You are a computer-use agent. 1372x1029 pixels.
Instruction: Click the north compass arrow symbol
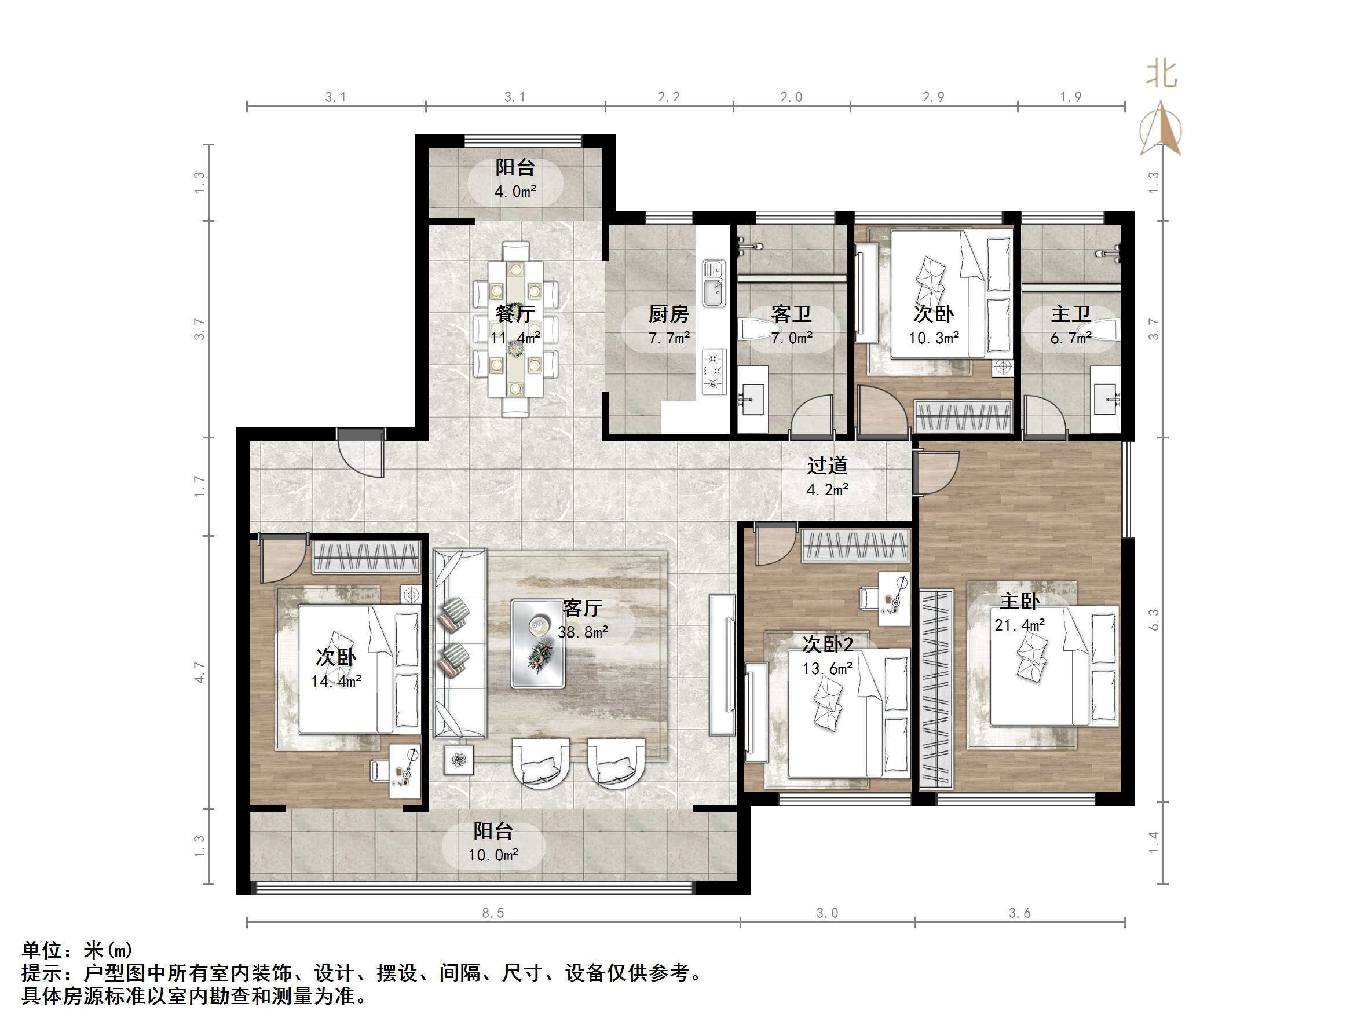tap(1161, 130)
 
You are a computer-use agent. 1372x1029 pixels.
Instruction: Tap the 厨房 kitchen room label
tap(669, 314)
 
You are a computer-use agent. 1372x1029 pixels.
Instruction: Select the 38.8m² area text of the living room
tap(583, 632)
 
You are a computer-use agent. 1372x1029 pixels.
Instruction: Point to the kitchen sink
tap(714, 284)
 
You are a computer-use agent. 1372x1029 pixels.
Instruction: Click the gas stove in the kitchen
tap(714, 371)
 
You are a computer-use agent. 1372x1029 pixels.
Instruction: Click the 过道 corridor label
tap(827, 466)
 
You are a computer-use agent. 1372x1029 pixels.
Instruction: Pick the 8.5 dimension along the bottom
tap(493, 913)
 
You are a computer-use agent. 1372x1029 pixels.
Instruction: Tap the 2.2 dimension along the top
tap(669, 97)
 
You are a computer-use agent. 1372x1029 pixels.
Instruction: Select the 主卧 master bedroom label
tap(1020, 601)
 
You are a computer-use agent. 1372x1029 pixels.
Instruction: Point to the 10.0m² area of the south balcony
tap(493, 855)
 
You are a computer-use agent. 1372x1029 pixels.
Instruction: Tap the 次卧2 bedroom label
tap(828, 645)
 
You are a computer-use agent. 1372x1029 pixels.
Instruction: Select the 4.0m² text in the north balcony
tap(515, 192)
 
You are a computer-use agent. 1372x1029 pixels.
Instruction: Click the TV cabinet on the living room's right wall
tap(722, 664)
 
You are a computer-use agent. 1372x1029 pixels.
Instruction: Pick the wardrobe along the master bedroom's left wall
tap(935, 689)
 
